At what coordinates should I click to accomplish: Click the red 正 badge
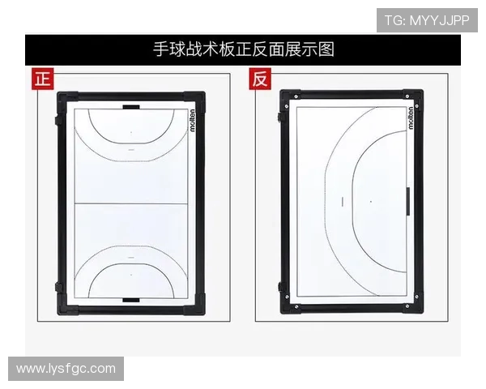(x=43, y=79)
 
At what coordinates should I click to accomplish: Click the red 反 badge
(x=260, y=79)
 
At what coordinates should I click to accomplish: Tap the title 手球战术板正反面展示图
(x=244, y=49)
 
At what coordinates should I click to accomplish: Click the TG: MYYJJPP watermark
(x=427, y=20)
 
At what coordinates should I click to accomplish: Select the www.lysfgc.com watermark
(x=66, y=369)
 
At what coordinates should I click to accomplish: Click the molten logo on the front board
(x=193, y=121)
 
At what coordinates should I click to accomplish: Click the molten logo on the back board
(x=411, y=118)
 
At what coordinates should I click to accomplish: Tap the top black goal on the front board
(x=131, y=107)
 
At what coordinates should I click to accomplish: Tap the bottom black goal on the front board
(x=131, y=300)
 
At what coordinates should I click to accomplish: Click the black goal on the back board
(x=408, y=201)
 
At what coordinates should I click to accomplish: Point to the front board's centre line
(x=131, y=203)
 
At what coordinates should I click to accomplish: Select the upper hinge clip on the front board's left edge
(x=58, y=121)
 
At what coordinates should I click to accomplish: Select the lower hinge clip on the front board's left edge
(x=58, y=287)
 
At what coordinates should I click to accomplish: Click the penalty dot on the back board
(x=371, y=202)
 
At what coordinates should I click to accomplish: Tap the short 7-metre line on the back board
(x=343, y=201)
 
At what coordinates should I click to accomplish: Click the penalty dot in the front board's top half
(x=131, y=132)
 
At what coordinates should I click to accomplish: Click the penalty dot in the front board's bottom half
(x=131, y=275)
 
